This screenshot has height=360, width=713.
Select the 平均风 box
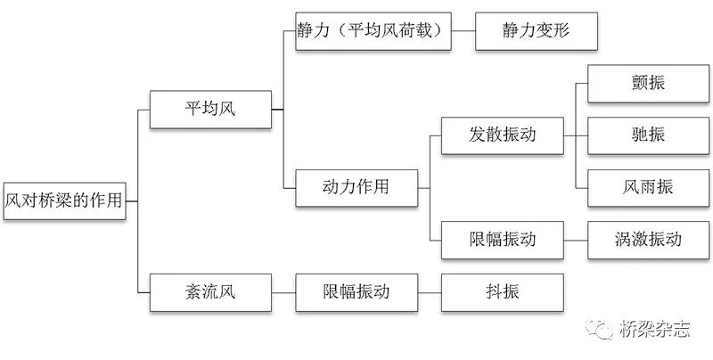tap(209, 109)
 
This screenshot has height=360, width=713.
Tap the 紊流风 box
tap(209, 291)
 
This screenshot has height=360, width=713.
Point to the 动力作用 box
tap(356, 187)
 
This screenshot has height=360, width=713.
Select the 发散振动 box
tap(504, 135)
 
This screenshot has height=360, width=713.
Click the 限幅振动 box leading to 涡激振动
tap(504, 239)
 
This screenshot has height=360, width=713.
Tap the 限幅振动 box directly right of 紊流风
tap(356, 291)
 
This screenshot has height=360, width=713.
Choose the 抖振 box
tap(504, 291)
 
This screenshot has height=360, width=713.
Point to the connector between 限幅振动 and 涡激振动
tap(576, 239)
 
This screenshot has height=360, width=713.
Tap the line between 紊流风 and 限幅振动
tap(283, 291)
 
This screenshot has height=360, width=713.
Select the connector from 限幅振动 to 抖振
tap(429, 291)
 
